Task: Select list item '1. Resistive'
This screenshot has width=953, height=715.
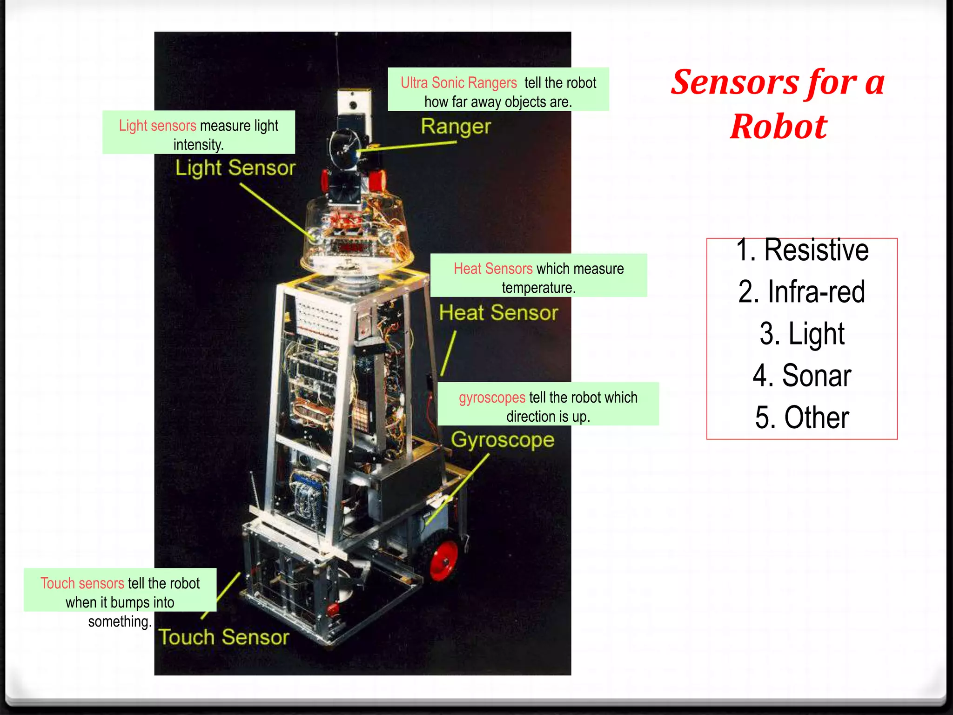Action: (x=802, y=250)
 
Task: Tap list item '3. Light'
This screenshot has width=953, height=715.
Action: (x=802, y=334)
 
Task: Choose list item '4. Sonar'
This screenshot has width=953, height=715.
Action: (x=802, y=375)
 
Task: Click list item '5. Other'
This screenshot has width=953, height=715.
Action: (x=802, y=417)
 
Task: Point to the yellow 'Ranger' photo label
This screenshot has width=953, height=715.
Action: (x=456, y=127)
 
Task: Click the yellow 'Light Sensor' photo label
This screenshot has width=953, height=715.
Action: (x=235, y=168)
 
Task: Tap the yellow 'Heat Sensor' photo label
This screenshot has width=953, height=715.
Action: (x=498, y=313)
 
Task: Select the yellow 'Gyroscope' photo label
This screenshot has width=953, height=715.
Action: (x=503, y=440)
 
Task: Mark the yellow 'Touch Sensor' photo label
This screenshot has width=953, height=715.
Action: (x=223, y=637)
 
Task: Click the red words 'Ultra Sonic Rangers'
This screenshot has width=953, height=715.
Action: (x=458, y=83)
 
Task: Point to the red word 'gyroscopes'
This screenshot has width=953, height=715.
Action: (x=492, y=398)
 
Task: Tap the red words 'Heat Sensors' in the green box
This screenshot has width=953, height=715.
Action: (x=493, y=269)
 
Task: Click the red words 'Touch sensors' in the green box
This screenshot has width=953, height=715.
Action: (x=82, y=583)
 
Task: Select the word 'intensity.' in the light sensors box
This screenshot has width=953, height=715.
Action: (x=199, y=145)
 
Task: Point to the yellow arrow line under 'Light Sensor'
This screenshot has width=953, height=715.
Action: (x=275, y=209)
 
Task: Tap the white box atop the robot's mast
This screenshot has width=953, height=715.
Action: (x=354, y=102)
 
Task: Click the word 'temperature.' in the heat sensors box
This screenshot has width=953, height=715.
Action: (x=538, y=288)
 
